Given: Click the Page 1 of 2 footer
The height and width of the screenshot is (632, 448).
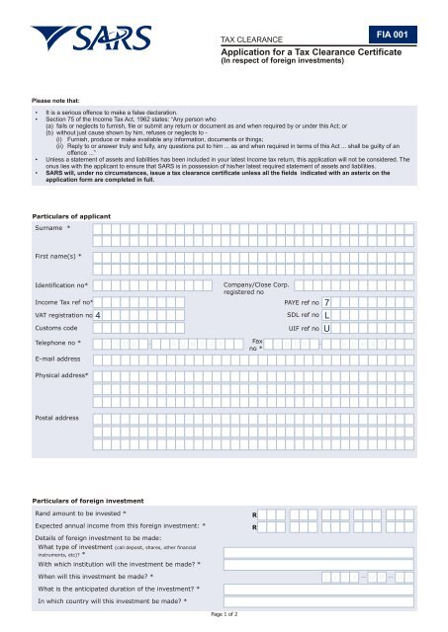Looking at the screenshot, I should (224, 613).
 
